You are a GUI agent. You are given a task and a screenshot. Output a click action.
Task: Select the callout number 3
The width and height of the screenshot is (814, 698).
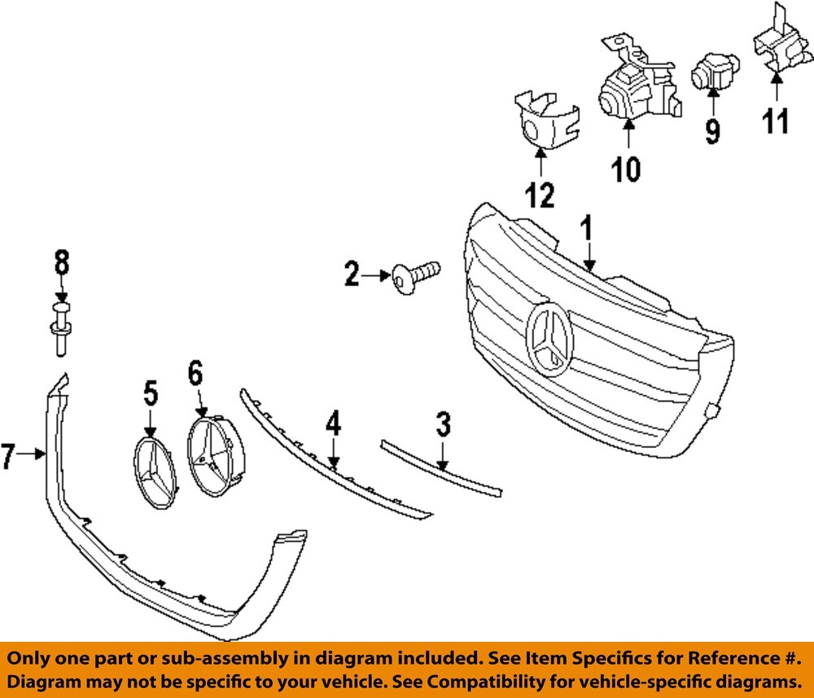(x=443, y=424)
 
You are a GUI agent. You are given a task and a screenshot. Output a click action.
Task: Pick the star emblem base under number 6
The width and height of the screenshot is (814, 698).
(x=212, y=454)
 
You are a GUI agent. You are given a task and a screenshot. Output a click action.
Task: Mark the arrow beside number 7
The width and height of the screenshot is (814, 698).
(x=33, y=455)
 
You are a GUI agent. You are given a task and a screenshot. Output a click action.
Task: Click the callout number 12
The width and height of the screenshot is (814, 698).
(x=540, y=195)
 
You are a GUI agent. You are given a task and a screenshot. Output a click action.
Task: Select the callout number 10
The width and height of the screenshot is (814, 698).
(x=626, y=169)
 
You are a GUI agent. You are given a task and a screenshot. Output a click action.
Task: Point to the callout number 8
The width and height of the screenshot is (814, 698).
(x=62, y=262)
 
